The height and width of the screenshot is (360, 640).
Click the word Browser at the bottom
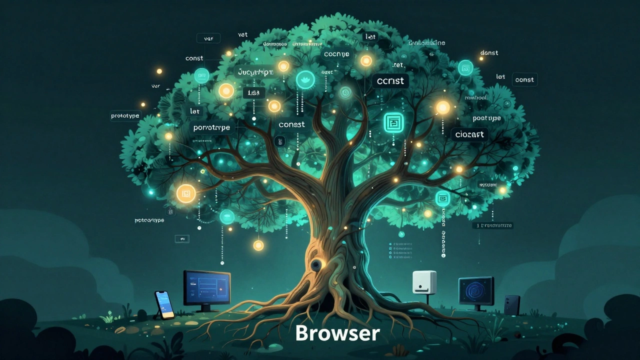pos(337,333)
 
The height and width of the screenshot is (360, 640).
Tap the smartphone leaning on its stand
pos(164,303)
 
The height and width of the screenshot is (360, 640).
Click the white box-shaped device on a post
pos(424,282)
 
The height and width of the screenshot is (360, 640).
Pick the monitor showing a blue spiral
pos(476,291)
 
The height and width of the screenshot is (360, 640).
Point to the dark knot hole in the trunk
pos(317,264)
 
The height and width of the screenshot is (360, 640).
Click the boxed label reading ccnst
pos(390,80)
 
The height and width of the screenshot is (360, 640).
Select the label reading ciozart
pos(469,134)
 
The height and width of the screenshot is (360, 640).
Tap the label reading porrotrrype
pos(211,127)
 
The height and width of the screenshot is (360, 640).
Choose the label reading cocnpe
pos(337,54)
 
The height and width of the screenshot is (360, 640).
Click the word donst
pos(489,53)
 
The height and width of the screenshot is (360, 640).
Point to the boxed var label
pos(208,38)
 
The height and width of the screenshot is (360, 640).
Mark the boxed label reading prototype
pos(125,116)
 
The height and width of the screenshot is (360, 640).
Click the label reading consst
pos(291,124)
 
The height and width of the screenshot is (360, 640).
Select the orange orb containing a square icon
pos(186,193)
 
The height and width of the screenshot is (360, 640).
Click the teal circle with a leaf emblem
pos(305,79)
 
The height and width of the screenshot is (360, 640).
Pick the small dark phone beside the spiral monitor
pos(511,304)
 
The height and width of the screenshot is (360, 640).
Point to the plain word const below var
pos(194,58)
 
